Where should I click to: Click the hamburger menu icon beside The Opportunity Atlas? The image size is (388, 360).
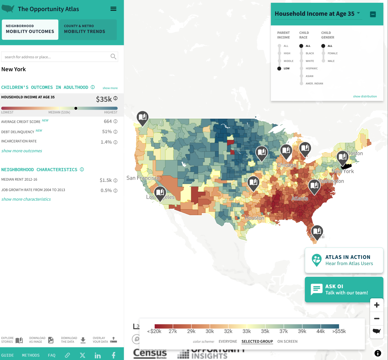(x=113, y=9)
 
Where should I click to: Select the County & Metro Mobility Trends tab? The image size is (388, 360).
(x=88, y=29)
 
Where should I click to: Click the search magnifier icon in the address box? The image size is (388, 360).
(x=113, y=56)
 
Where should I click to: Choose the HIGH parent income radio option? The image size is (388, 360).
(x=280, y=53)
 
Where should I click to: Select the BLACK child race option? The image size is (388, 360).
(x=301, y=53)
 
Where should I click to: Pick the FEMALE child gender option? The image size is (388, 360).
(x=323, y=53)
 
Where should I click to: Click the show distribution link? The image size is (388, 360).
(x=365, y=96)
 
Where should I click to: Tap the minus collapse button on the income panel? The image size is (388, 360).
(x=373, y=14)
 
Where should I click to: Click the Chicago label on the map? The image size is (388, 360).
(x=286, y=165)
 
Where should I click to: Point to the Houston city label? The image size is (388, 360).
(x=254, y=218)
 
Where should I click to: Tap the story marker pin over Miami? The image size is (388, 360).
(x=317, y=231)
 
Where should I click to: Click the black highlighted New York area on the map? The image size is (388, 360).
(x=346, y=166)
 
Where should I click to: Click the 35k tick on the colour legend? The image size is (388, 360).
(x=265, y=331)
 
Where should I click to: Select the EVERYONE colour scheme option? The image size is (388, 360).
(x=228, y=342)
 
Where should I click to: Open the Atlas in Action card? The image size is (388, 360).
(x=344, y=260)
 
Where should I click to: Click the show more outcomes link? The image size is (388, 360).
(x=22, y=151)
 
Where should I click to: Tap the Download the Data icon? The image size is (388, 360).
(x=83, y=340)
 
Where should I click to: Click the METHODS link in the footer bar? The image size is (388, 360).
(x=31, y=355)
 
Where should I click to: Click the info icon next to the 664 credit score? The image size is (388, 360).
(x=115, y=121)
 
